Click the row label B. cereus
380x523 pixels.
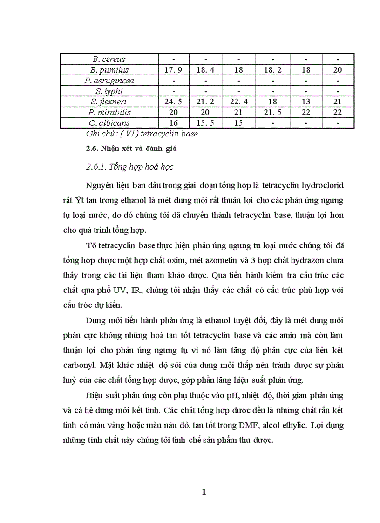[109, 59]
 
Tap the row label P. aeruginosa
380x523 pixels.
[109, 81]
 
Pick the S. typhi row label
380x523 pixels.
[109, 91]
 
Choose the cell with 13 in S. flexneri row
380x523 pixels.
[306, 102]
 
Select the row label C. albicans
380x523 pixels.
[109, 123]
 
